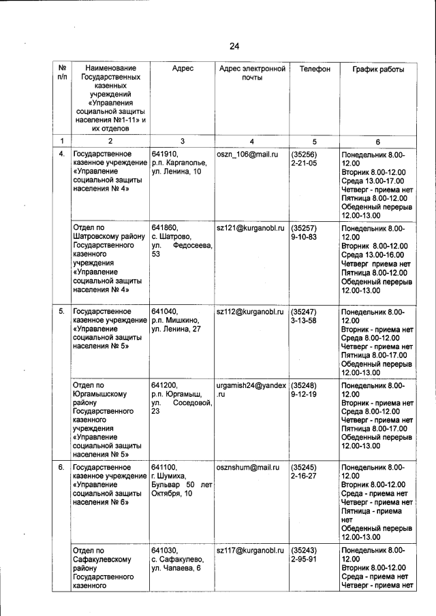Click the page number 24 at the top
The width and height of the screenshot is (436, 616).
(x=234, y=46)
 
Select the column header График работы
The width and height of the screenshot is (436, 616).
(x=377, y=69)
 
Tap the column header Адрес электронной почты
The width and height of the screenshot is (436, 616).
(x=251, y=74)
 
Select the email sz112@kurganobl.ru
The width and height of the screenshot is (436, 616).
(x=249, y=311)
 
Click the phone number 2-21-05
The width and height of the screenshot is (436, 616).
(x=304, y=164)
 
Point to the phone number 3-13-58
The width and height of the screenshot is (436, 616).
(x=304, y=321)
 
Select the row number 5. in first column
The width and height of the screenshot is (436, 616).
(x=61, y=311)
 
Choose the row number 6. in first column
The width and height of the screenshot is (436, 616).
(x=61, y=468)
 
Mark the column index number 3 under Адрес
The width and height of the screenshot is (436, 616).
(x=182, y=141)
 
